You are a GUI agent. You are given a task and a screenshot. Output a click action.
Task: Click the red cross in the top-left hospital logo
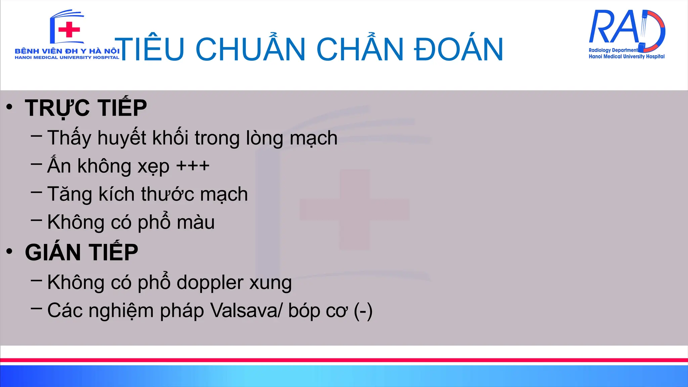click(x=69, y=30)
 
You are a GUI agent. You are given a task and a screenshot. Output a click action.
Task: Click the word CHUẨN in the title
click(x=250, y=49)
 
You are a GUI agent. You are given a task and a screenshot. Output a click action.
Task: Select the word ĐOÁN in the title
click(x=459, y=49)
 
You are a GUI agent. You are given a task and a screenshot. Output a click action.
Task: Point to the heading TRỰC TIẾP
click(x=86, y=108)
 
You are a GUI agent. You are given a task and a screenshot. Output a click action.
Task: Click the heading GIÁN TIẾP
click(x=82, y=252)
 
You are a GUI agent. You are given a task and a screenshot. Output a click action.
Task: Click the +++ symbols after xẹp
click(x=193, y=166)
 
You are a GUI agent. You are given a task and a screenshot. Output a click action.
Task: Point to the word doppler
click(x=210, y=283)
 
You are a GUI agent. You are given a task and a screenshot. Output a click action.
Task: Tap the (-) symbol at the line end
click(x=363, y=311)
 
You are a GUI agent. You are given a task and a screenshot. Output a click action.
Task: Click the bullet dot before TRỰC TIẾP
click(x=9, y=107)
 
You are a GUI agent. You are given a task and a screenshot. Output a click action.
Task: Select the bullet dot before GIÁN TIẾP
click(x=9, y=251)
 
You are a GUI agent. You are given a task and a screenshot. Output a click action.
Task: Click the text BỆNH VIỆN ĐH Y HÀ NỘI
click(x=67, y=51)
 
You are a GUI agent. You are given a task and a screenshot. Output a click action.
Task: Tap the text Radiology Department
click(x=613, y=50)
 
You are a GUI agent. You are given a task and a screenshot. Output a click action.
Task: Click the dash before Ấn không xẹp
click(x=36, y=164)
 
